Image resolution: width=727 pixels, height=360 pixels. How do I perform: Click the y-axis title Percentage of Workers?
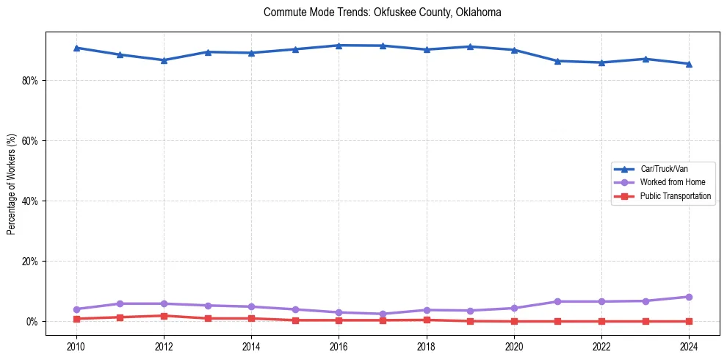11,184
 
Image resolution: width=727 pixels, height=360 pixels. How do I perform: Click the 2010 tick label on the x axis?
76,345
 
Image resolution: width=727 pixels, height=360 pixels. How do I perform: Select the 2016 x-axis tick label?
339,345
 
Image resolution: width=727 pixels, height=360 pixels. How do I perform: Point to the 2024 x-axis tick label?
689,345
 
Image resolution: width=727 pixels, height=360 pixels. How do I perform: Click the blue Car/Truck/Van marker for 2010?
76,48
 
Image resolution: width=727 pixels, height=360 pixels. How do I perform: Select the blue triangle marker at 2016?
339,46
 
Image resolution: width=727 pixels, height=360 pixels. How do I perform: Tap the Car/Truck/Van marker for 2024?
689,64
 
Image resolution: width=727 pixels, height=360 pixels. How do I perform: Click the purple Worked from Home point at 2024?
689,297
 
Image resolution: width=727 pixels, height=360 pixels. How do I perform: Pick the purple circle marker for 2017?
383,314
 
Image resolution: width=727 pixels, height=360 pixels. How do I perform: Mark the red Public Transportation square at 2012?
164,316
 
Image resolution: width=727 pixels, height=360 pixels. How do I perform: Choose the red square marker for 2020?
514,321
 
